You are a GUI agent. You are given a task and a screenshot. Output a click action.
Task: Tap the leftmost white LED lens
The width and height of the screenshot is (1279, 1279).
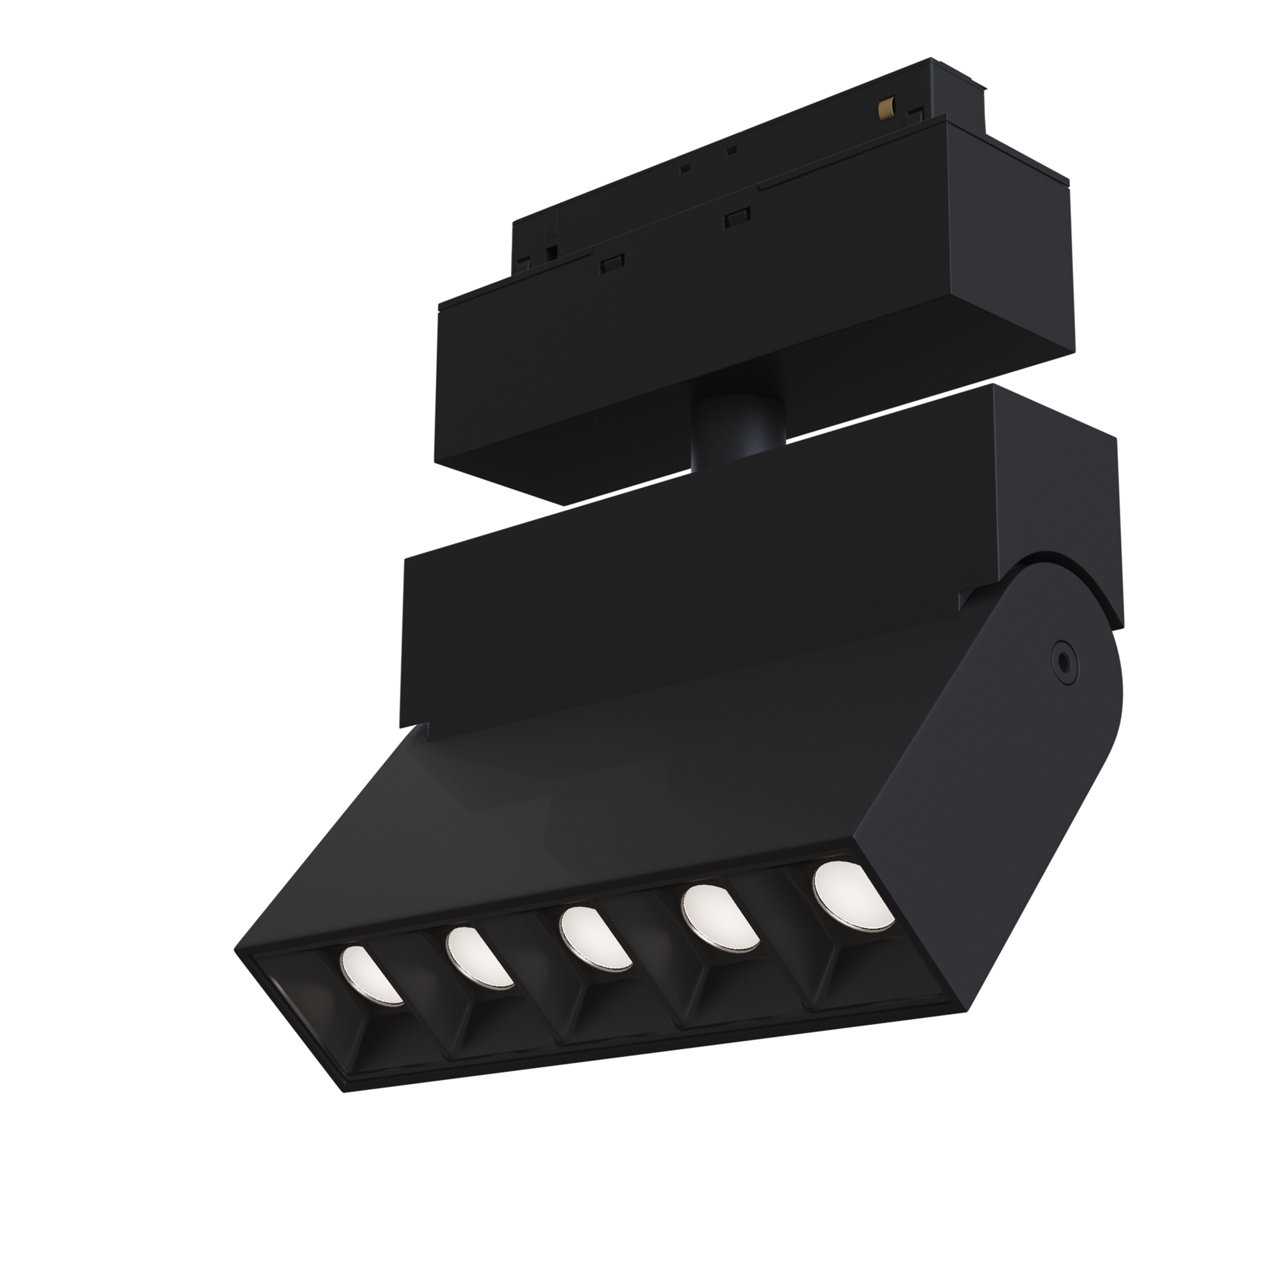pos(370,975)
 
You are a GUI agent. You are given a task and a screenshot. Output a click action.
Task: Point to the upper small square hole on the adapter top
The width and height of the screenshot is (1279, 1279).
pos(732,151)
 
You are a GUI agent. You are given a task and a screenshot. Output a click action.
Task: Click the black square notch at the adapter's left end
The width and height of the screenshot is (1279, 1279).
pos(550,252)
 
